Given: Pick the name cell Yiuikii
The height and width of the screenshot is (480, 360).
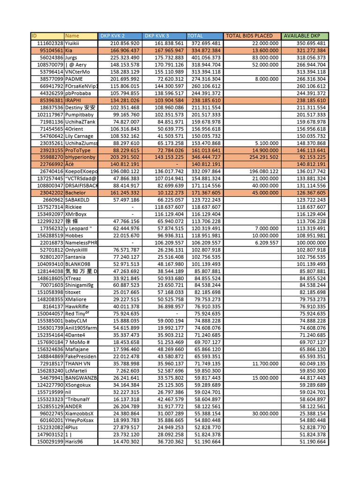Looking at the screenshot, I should (74, 43).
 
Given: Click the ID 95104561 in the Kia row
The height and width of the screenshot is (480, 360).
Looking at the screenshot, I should (51, 50).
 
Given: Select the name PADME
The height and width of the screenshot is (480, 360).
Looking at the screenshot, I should (74, 79).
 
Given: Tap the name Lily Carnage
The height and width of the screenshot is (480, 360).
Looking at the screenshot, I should (79, 136).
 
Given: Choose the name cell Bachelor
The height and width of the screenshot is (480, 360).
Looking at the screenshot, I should (75, 193).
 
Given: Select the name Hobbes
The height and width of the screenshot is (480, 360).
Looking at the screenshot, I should (74, 236).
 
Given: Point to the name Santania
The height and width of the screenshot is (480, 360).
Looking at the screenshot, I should (75, 257).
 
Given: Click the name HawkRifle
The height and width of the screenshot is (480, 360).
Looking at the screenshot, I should (77, 307).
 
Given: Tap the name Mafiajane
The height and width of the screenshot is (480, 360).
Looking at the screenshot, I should (76, 349).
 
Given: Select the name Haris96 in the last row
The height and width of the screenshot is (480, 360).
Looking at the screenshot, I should (74, 442).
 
